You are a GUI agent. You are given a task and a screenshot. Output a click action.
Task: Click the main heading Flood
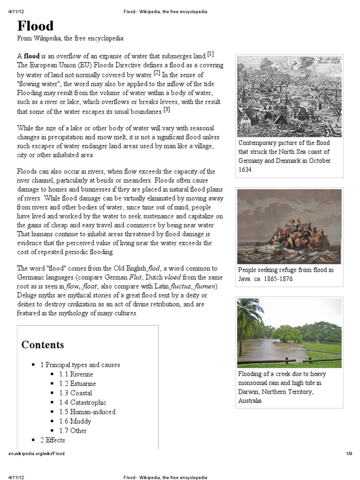pos(36,25)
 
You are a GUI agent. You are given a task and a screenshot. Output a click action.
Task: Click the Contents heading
pos(43,345)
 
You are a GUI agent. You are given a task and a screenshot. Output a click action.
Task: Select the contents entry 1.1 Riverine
pos(76,374)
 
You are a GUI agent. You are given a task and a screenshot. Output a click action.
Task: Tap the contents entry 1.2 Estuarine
pos(77,383)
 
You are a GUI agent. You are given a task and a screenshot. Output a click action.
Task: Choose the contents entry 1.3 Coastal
pos(75,393)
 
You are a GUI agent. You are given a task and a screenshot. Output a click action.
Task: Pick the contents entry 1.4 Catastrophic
pos(82,402)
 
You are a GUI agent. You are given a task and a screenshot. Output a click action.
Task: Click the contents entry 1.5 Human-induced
pos(87,412)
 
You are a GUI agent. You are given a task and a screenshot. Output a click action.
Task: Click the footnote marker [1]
pos(210,54)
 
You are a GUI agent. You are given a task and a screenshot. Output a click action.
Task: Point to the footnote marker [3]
pos(166,110)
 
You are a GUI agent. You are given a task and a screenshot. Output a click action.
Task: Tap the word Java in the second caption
pos(246,279)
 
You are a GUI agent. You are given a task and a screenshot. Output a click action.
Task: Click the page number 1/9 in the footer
pos(349,454)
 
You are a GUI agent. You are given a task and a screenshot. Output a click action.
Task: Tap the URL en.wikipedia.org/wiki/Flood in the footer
pos(37,454)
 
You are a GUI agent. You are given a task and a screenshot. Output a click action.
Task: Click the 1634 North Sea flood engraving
pos(290,96)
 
